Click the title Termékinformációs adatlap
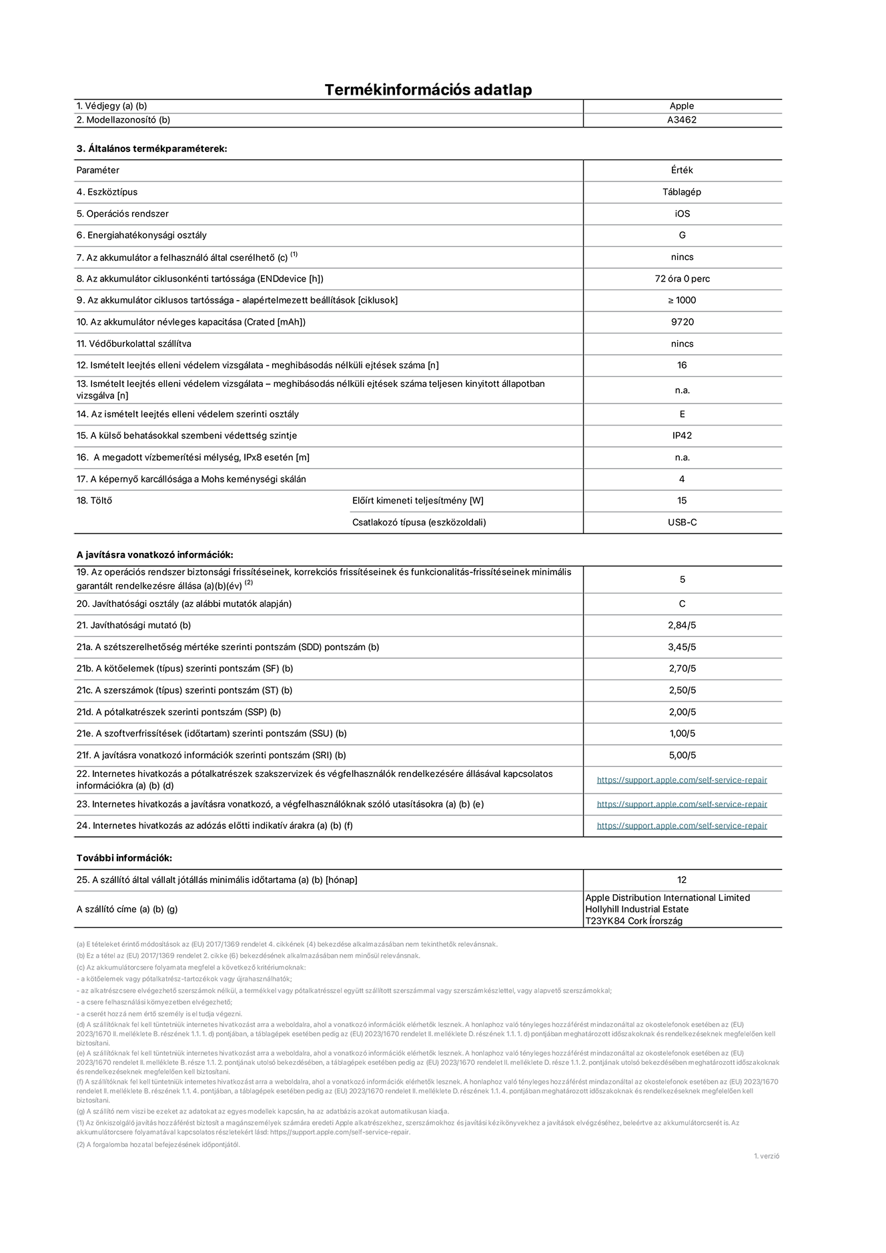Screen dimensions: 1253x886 (428, 90)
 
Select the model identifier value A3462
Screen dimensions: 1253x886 (682, 120)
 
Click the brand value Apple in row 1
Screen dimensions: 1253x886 (682, 106)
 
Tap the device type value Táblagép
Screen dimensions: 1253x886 (682, 192)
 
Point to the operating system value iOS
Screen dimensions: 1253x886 (682, 214)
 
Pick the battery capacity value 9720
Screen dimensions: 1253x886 (682, 322)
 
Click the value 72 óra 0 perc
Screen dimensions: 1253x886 (682, 279)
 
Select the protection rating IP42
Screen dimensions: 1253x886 (682, 435)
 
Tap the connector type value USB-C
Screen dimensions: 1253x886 (682, 522)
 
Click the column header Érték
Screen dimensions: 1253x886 (682, 170)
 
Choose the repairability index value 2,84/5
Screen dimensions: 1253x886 (682, 625)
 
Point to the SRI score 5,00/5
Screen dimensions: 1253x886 (682, 756)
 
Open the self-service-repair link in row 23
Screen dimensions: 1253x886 (682, 804)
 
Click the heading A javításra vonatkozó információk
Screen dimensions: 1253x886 (155, 555)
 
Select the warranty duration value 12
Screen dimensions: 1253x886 (682, 880)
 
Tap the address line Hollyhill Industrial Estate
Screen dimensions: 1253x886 (636, 910)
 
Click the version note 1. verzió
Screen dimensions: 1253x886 (766, 1156)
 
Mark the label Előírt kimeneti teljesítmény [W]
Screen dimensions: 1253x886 (418, 501)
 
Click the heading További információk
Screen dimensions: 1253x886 (124, 858)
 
